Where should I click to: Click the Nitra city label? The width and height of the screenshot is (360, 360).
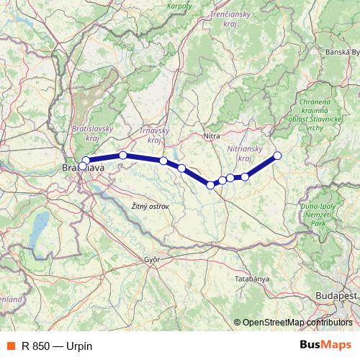click(212, 135)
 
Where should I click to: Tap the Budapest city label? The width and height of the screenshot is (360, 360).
click(336, 296)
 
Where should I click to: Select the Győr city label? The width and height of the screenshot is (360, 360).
click(151, 258)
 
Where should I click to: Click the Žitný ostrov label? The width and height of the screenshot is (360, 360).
click(150, 207)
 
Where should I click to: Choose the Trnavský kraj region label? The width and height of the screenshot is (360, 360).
click(154, 135)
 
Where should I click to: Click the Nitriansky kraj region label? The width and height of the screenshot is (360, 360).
click(238, 153)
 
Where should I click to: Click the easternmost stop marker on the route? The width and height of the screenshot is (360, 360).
click(277, 156)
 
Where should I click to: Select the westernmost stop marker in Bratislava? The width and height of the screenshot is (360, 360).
click(82, 166)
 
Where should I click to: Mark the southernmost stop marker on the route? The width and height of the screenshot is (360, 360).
click(210, 185)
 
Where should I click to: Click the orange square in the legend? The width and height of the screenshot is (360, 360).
click(10, 346)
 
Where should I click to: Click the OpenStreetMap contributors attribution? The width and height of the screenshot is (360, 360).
click(297, 323)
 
